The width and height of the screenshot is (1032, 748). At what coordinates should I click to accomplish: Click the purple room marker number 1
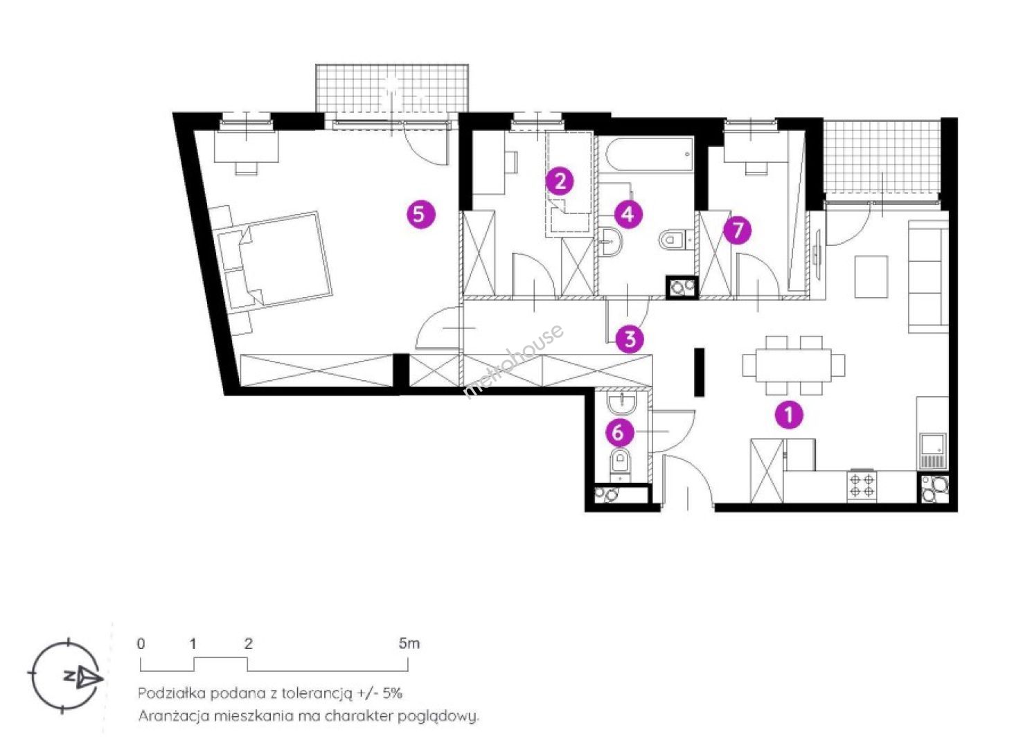click(789, 415)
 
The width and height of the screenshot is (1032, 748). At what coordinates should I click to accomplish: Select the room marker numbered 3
click(630, 339)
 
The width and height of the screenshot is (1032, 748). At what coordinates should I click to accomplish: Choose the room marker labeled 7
click(737, 231)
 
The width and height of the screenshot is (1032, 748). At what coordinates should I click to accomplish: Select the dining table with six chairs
click(793, 366)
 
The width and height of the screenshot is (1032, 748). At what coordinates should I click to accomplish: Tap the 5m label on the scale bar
click(409, 643)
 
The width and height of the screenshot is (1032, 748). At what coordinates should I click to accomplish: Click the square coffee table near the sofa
click(871, 277)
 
